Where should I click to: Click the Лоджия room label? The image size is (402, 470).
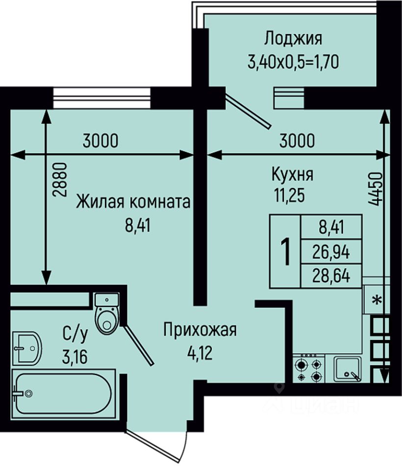[293, 39]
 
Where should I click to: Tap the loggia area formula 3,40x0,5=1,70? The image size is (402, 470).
[293, 62]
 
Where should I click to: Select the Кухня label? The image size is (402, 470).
[292, 174]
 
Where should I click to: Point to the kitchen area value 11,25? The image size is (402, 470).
[289, 195]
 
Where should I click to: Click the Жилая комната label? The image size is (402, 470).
[133, 201]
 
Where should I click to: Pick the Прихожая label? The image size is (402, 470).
[200, 329]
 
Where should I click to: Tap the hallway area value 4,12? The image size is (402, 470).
[200, 353]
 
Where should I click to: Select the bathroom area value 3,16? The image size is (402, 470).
[75, 357]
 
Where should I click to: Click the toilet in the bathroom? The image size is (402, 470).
[107, 314]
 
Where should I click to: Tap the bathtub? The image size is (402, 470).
[64, 394]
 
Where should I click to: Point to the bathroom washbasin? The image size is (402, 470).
[27, 348]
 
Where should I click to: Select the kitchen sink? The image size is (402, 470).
[348, 369]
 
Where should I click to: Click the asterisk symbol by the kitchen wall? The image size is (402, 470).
[377, 299]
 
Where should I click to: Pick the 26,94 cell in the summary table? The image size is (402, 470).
[331, 252]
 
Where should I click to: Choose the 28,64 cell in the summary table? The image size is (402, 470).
[331, 276]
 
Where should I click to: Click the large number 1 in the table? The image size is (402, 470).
[285, 251]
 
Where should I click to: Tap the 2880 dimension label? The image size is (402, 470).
[58, 180]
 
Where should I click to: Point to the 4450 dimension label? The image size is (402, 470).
[375, 189]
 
